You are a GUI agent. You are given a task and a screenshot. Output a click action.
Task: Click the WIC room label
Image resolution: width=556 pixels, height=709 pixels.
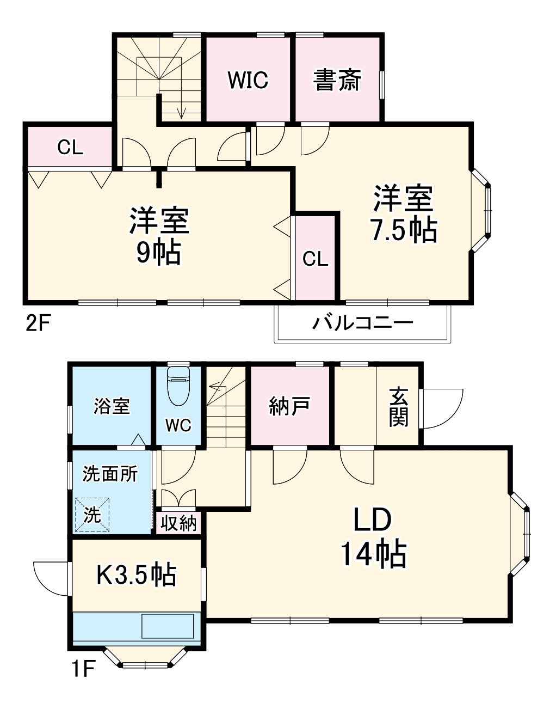[248, 80]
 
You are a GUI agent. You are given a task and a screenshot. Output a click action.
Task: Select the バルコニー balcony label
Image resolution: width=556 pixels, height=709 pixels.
[362, 323]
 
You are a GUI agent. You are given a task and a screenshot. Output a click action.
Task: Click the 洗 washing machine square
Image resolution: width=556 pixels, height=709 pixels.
[92, 514]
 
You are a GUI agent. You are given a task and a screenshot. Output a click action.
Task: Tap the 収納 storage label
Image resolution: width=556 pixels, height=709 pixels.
[178, 524]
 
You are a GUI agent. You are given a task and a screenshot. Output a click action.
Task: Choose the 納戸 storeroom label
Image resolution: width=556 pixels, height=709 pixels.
[289, 406]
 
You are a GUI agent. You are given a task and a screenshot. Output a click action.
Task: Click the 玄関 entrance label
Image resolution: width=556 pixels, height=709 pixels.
[398, 407]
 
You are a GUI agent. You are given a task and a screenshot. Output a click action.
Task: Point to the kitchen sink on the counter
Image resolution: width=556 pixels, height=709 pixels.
[168, 626]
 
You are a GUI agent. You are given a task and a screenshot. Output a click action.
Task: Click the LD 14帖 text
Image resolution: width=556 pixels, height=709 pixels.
[373, 537]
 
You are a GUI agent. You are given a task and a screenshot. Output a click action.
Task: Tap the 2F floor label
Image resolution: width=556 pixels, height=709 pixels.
[38, 323]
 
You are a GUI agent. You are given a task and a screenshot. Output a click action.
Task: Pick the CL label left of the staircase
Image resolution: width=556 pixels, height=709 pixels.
[70, 147]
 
